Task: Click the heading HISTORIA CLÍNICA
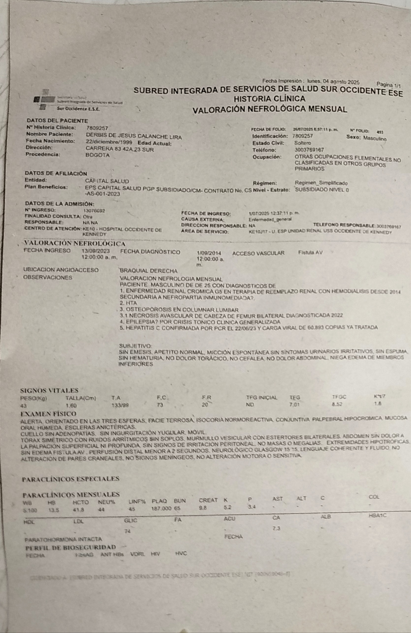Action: (x=269, y=99)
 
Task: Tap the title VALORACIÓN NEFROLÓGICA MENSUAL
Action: (x=270, y=109)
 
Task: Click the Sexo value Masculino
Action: (x=375, y=138)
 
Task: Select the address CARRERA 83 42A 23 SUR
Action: (x=120, y=150)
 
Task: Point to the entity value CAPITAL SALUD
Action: (x=107, y=181)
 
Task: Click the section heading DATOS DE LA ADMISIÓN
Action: (x=60, y=204)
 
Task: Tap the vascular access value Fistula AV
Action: (x=310, y=252)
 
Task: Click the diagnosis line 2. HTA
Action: (x=128, y=303)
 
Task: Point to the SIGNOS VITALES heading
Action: (x=49, y=391)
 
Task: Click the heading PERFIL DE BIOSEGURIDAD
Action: (x=71, y=547)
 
